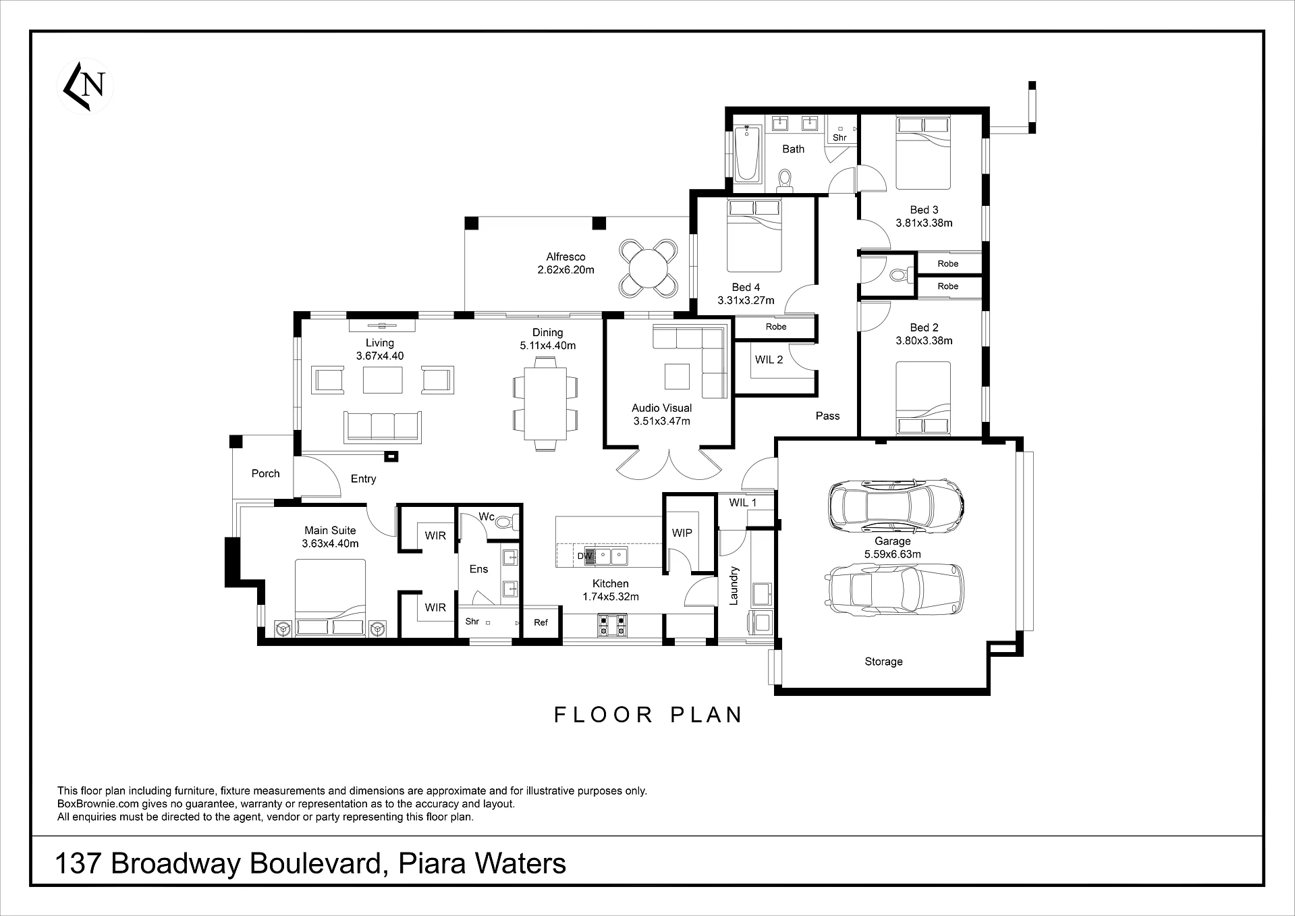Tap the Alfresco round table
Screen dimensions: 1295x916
click(647, 268)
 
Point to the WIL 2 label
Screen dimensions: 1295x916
click(769, 360)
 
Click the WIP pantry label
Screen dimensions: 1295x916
click(682, 533)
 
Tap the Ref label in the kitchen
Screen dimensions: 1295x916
click(541, 622)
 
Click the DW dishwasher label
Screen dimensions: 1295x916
click(585, 556)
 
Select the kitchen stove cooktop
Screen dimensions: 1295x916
click(612, 625)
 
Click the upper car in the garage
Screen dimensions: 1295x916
click(896, 506)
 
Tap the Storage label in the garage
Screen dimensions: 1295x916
click(883, 662)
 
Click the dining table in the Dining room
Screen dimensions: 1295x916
click(545, 404)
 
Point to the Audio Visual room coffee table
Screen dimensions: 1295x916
click(677, 377)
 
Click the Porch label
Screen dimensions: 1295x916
click(265, 474)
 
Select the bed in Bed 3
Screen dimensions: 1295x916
click(923, 152)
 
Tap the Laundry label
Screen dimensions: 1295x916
click(734, 585)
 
